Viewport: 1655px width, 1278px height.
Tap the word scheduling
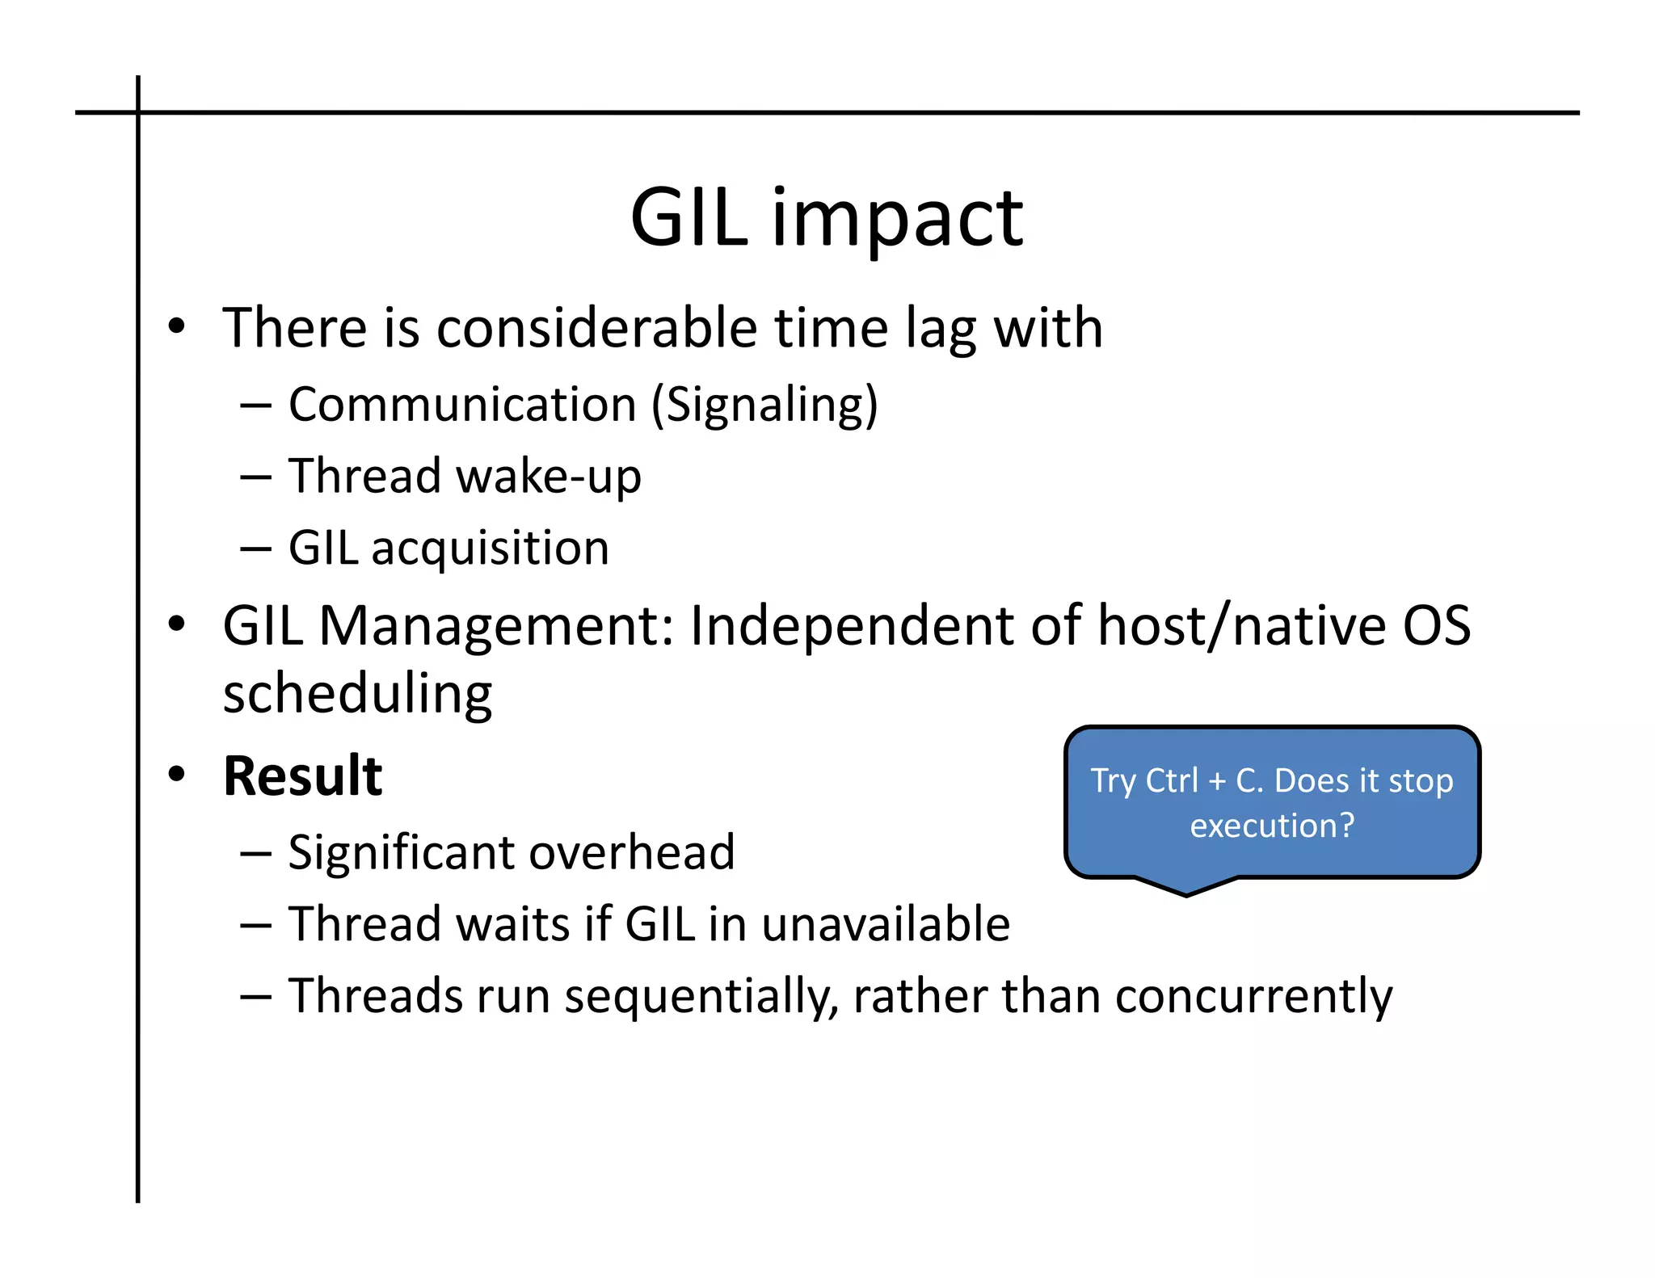[357, 695]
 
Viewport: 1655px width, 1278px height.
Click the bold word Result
[302, 776]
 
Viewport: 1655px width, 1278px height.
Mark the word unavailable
[886, 924]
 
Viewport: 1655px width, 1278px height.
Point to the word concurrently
[1253, 996]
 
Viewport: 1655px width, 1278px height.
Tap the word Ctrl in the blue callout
[1172, 781]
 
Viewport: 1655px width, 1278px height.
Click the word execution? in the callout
[1272, 826]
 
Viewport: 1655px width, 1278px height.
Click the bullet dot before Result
[176, 775]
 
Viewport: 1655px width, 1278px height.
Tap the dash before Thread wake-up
[255, 477]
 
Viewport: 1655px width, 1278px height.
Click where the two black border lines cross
[138, 112]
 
